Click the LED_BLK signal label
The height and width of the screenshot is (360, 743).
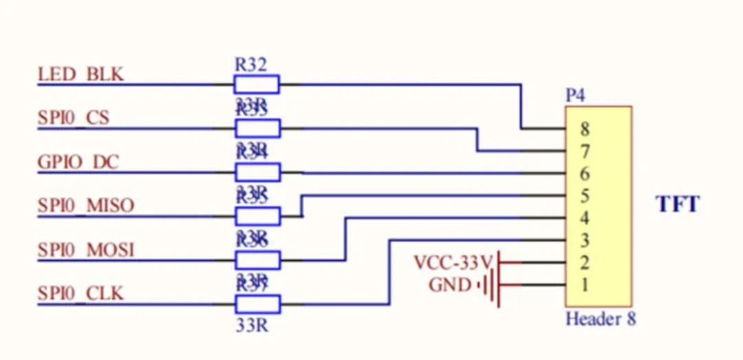81,74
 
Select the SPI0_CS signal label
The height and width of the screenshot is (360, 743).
74,118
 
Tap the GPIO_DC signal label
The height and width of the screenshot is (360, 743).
78,162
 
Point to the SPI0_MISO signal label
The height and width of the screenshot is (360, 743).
86,205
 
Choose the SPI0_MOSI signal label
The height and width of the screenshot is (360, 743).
86,249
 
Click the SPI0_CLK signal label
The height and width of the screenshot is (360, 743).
81,293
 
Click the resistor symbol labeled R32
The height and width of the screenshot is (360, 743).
257,85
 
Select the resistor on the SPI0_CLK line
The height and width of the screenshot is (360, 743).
257,304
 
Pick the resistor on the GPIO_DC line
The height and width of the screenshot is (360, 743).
257,172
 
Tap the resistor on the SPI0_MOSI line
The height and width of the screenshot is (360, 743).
257,260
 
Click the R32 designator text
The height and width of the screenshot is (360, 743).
250,65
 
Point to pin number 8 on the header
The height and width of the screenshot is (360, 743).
585,129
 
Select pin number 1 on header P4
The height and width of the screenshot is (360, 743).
585,284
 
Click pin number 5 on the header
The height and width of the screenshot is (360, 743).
585,196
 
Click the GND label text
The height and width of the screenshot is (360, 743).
450,284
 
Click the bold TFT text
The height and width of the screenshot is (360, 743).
678,204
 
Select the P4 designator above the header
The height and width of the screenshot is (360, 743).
575,96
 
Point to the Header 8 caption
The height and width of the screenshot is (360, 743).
601,319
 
